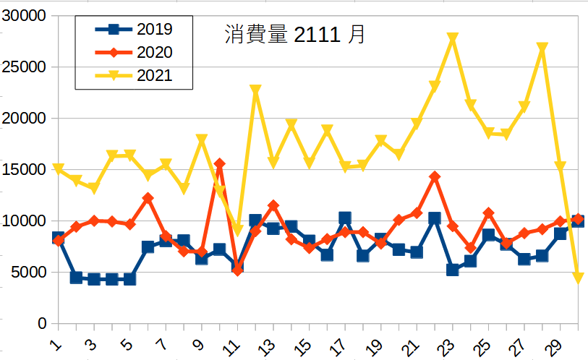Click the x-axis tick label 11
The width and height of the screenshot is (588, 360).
pos(233,342)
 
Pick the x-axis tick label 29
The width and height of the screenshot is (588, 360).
pos(555,342)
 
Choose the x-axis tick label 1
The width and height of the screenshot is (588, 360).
pos(56,341)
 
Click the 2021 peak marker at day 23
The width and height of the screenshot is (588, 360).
pos(453,38)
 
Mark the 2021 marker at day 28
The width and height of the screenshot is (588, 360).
pos(542,48)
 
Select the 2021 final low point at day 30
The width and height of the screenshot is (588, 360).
pos(578,278)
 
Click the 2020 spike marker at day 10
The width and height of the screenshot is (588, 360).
pos(220,164)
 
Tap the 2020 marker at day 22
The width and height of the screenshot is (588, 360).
pos(435,176)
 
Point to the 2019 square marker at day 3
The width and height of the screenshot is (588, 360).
pos(94,279)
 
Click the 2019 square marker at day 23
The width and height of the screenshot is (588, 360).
pos(453,270)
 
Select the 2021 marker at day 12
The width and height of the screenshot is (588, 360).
pos(255,90)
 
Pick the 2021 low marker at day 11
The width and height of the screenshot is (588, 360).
pos(237,231)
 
